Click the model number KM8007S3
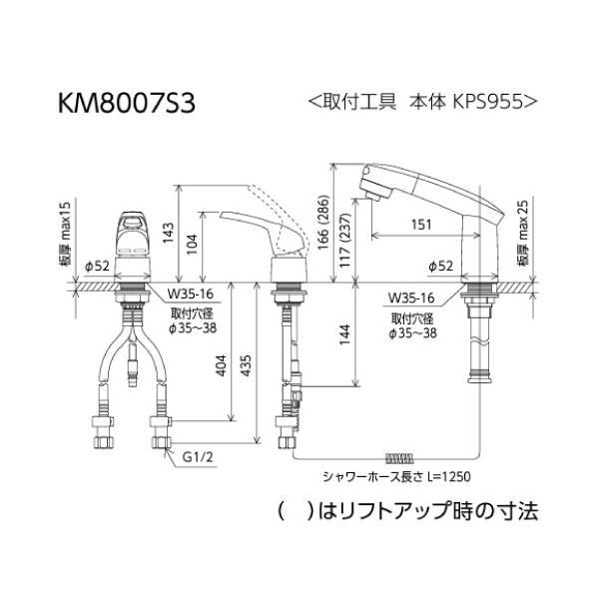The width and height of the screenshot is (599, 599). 127,103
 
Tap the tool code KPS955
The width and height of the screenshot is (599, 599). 487,102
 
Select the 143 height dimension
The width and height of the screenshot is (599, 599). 168,233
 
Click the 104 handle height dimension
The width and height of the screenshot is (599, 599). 192,245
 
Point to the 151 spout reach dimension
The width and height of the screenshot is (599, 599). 421,225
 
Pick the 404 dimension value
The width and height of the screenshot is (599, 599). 222,366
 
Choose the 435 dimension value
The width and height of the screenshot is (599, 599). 246,365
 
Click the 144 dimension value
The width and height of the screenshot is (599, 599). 345,334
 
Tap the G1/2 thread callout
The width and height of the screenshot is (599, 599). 198,456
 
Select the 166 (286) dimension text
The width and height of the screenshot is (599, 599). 323,222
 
